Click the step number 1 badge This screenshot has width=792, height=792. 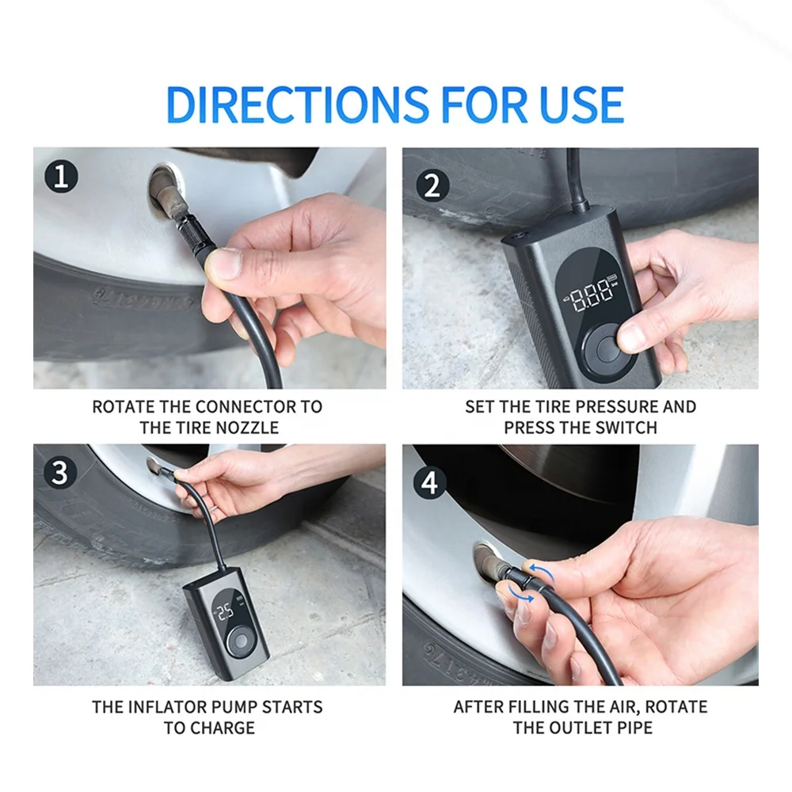pyautogui.click(x=61, y=177)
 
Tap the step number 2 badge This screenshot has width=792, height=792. pyautogui.click(x=433, y=185)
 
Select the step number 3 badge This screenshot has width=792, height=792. pyautogui.click(x=60, y=474)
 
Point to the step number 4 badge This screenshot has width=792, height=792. pyautogui.click(x=430, y=482)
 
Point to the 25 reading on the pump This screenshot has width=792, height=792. pyautogui.click(x=225, y=611)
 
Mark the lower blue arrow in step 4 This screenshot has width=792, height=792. pyautogui.click(x=520, y=594)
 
